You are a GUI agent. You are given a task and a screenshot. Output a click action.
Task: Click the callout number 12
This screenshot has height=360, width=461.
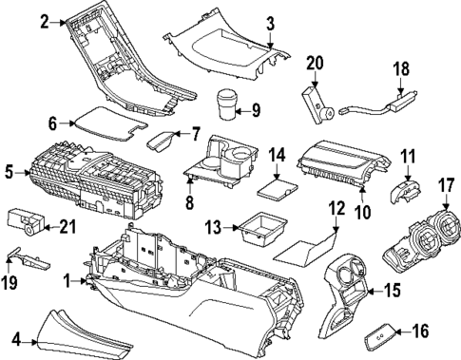pos(334,207)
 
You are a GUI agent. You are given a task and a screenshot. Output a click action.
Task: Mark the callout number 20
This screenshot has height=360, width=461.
pos(315,64)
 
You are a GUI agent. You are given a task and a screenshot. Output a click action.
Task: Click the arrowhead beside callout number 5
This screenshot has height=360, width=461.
pos(20,173)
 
